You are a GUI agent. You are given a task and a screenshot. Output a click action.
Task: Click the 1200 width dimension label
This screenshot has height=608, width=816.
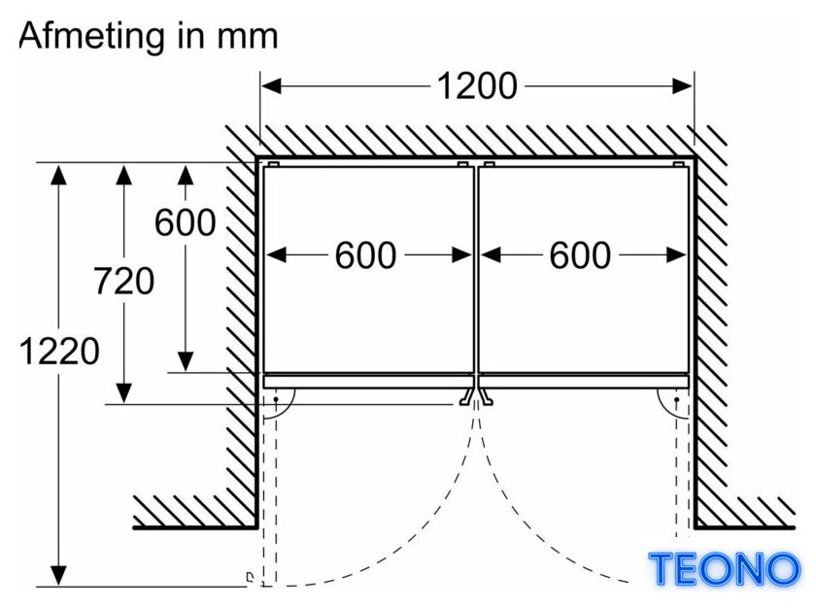(477, 85)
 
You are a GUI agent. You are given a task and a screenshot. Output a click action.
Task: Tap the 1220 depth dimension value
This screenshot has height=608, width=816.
(59, 351)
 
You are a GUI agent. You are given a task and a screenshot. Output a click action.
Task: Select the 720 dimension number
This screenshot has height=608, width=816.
(124, 281)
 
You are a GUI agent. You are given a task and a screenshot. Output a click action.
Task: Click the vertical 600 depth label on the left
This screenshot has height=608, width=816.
(186, 222)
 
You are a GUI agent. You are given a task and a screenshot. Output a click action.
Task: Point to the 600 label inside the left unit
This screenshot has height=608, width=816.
(365, 255)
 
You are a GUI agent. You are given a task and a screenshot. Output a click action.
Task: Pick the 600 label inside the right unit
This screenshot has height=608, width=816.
(580, 255)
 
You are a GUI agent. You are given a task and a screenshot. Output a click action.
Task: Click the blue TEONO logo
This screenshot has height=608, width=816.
(725, 568)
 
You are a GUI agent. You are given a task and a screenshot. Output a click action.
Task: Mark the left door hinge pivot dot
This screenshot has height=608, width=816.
(276, 399)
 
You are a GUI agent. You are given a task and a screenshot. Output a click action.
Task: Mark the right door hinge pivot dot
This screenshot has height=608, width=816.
(676, 399)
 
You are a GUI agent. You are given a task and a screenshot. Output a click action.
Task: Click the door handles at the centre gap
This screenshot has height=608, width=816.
(476, 396)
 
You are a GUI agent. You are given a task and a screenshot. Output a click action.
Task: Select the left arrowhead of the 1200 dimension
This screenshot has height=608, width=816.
(271, 85)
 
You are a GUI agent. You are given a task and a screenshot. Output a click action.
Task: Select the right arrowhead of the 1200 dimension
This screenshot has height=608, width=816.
(683, 85)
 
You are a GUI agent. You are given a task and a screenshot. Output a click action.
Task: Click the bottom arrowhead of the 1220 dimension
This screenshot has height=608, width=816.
(59, 576)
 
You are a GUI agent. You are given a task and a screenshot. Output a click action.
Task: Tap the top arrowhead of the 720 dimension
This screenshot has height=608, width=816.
(124, 174)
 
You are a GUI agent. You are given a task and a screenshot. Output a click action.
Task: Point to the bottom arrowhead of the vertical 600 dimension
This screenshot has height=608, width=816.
(186, 361)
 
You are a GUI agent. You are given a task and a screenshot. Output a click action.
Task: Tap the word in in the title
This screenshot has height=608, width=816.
(191, 36)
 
